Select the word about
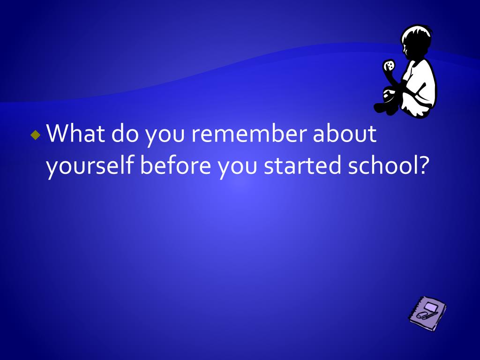coord(345,133)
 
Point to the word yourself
coord(90,165)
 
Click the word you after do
coord(165,136)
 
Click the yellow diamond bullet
coord(36,135)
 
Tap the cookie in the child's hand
coord(389,66)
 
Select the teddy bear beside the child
coord(386,101)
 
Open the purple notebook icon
coord(427,313)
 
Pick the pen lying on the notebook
coord(430,315)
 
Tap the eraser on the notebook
coord(421,315)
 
